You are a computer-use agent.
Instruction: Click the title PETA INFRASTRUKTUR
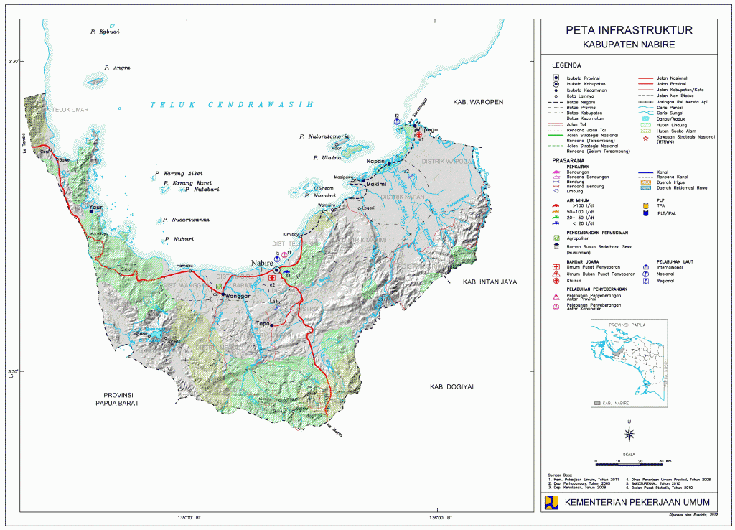pyautogui.click(x=629, y=31)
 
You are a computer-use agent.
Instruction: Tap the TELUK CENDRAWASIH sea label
pyautogui.click(x=232, y=105)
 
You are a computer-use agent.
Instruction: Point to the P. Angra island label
pyautogui.click(x=117, y=68)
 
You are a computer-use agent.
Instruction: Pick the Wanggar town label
pyautogui.click(x=238, y=296)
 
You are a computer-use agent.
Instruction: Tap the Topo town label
pyautogui.click(x=263, y=324)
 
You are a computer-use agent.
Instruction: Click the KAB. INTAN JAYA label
pyautogui.click(x=490, y=282)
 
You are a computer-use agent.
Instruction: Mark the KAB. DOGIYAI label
pyautogui.click(x=451, y=387)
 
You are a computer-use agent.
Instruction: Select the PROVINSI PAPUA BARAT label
pyautogui.click(x=121, y=399)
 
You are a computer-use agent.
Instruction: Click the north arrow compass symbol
pyautogui.click(x=629, y=433)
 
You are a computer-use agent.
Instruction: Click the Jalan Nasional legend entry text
pyautogui.click(x=672, y=78)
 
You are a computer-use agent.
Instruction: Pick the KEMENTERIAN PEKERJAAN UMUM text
pyautogui.click(x=637, y=502)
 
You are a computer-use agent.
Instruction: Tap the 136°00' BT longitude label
pyautogui.click(x=439, y=518)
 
